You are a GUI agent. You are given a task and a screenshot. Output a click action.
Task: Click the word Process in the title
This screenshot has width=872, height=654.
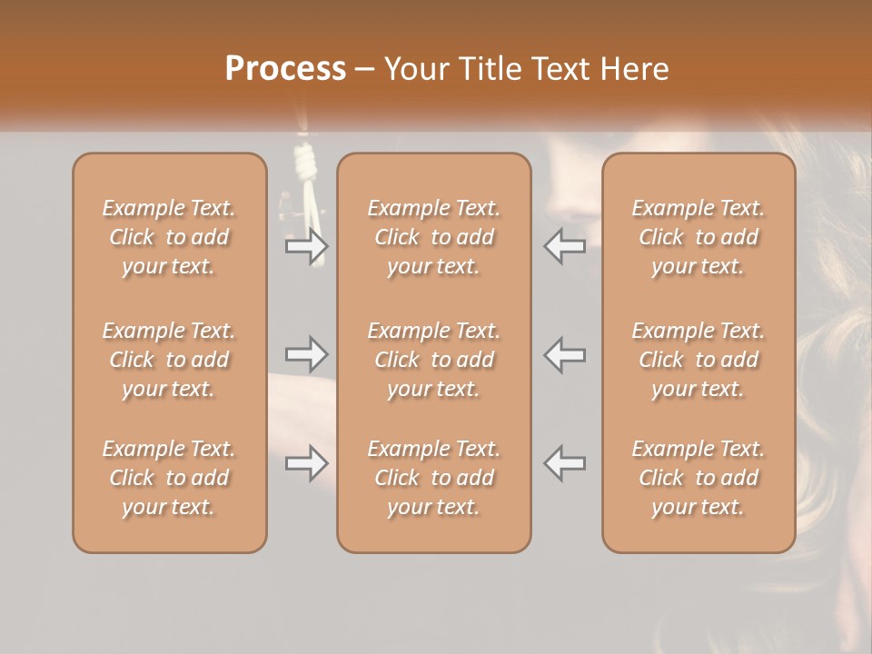pyautogui.click(x=285, y=69)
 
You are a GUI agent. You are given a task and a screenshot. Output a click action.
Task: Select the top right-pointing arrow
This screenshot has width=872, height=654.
pyautogui.click(x=307, y=246)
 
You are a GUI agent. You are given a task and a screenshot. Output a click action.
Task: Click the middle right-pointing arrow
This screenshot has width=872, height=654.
pyautogui.click(x=307, y=354)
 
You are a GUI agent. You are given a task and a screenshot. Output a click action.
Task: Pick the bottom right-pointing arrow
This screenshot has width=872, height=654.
pyautogui.click(x=307, y=463)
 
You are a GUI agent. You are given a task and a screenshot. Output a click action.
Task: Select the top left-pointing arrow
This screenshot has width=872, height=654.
pyautogui.click(x=565, y=246)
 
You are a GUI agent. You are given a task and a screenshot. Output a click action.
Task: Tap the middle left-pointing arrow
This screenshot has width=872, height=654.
pyautogui.click(x=565, y=354)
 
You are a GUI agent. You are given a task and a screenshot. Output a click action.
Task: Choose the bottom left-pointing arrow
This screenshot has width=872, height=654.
pyautogui.click(x=565, y=463)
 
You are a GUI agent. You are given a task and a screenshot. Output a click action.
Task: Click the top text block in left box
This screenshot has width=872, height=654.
pyautogui.click(x=169, y=237)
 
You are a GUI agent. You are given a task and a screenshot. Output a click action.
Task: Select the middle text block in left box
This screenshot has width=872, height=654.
pyautogui.click(x=169, y=360)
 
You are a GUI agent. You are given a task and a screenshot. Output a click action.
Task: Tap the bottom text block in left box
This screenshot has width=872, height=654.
pyautogui.click(x=169, y=478)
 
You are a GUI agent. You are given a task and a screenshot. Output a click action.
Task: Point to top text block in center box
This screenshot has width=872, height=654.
pyautogui.click(x=434, y=237)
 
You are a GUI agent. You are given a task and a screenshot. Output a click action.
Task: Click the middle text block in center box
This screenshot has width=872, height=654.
pyautogui.click(x=434, y=360)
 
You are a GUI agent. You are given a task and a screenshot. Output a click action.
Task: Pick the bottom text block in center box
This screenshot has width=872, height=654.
pyautogui.click(x=434, y=478)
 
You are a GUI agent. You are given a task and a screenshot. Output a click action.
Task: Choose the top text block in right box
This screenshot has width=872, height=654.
pyautogui.click(x=699, y=237)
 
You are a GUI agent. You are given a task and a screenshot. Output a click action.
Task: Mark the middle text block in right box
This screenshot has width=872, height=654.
pyautogui.click(x=699, y=360)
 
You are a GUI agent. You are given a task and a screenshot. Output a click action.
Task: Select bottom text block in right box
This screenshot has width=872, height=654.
pyautogui.click(x=699, y=478)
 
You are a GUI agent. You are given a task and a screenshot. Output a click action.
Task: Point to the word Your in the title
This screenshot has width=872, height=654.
pyautogui.click(x=415, y=69)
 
